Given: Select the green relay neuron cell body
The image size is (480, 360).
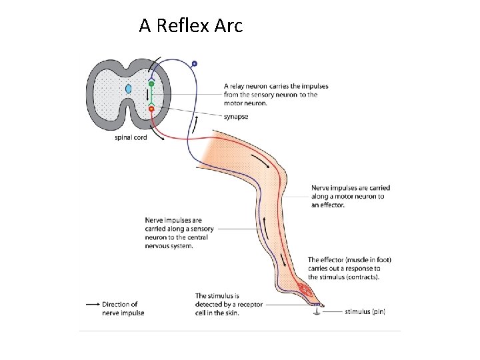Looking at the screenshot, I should (151, 84).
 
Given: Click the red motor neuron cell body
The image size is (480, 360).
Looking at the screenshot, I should (151, 108).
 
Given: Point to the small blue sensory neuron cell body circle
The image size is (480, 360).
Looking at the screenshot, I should (194, 64).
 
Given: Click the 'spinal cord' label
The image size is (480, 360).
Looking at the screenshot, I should (131, 138).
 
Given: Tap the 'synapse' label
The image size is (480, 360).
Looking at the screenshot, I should (236, 117).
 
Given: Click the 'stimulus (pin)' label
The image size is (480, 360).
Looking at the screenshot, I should (365, 311).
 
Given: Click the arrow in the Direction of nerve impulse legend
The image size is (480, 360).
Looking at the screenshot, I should (93, 304).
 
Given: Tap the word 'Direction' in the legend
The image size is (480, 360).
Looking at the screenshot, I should (120, 304).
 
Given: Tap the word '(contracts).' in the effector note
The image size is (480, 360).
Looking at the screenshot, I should (361, 277).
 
